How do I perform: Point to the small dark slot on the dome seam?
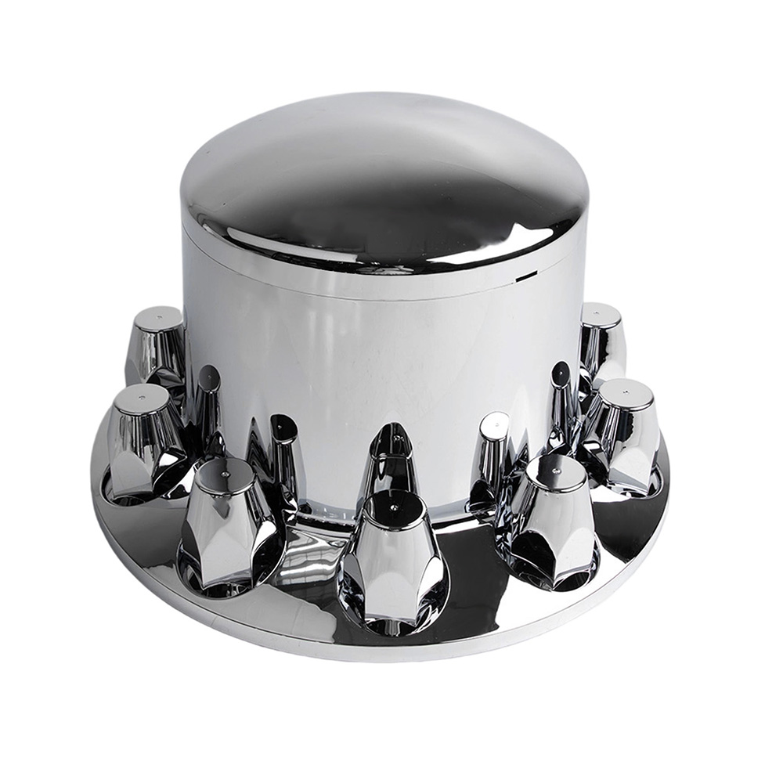pos(525,273)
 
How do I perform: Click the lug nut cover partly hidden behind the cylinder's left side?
pos(157,345)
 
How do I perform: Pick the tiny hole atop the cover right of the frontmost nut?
pos(555,465)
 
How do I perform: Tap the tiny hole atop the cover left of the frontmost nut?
pos(225,473)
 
